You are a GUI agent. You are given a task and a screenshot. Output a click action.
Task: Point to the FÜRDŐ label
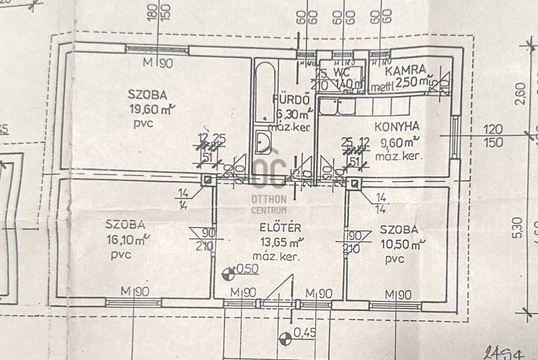click(x=289, y=100)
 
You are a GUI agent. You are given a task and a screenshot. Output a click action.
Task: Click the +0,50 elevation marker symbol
click(x=227, y=272)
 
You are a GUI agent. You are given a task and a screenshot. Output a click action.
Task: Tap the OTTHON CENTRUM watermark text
click(x=269, y=205)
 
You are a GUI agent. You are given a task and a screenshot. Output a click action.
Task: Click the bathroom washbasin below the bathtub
click(x=263, y=143)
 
